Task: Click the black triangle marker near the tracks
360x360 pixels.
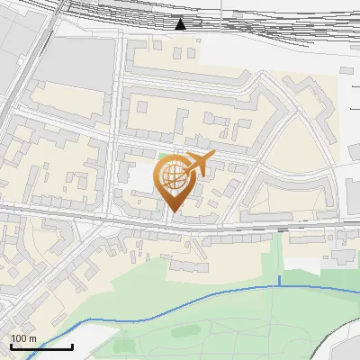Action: tap(181, 24)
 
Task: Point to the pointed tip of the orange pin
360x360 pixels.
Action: tap(172, 212)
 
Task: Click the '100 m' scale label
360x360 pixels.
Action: tap(23, 338)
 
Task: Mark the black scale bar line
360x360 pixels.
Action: tap(41, 346)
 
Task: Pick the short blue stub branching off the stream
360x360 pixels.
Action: tap(279, 280)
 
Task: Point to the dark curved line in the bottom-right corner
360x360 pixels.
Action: tap(337, 337)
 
